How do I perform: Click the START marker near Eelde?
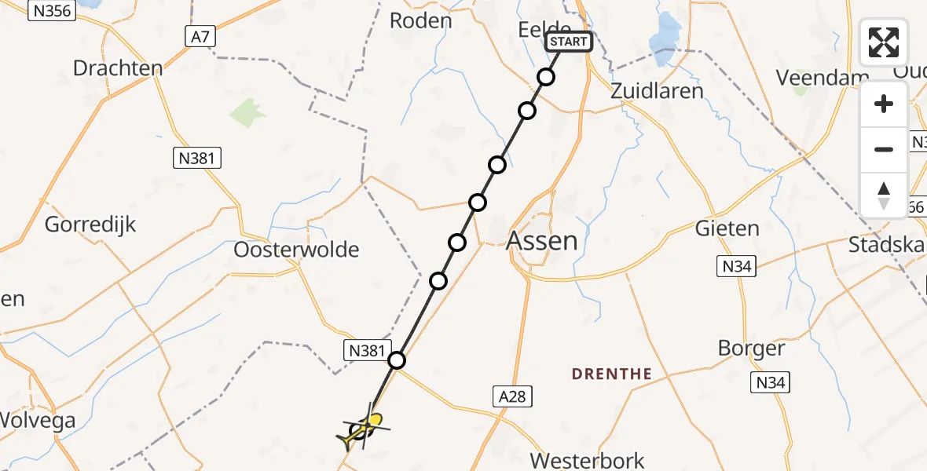pyautogui.click(x=568, y=41)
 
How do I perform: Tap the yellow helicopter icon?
pyautogui.click(x=364, y=429)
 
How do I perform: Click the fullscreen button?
pyautogui.click(x=884, y=42)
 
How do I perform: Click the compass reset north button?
pyautogui.click(x=884, y=195)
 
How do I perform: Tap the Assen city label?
pyautogui.click(x=542, y=241)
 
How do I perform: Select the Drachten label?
pyautogui.click(x=118, y=68)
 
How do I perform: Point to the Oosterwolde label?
pyautogui.click(x=297, y=250)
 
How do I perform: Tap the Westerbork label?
pyautogui.click(x=588, y=460)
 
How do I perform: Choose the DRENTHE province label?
pyautogui.click(x=612, y=374)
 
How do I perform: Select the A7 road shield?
pyautogui.click(x=201, y=36)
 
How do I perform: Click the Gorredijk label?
pyautogui.click(x=90, y=225)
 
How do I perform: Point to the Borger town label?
pyautogui.click(x=752, y=348)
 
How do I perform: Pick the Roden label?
pyautogui.click(x=421, y=20)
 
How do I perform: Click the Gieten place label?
pyautogui.click(x=727, y=228)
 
